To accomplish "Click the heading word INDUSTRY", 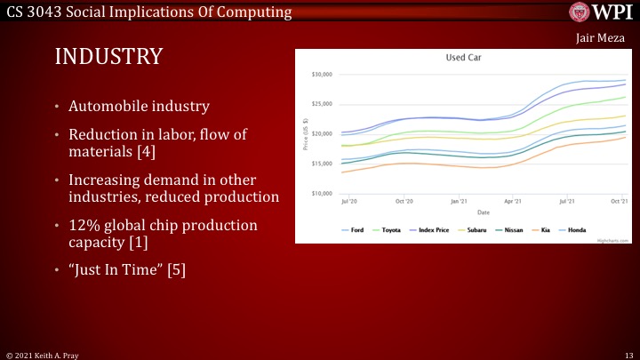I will (x=108, y=57).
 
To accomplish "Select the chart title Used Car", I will (x=463, y=57).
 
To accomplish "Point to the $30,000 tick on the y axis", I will (x=320, y=74).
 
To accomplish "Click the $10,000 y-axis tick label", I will (x=320, y=193).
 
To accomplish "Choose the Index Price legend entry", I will (x=434, y=229).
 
